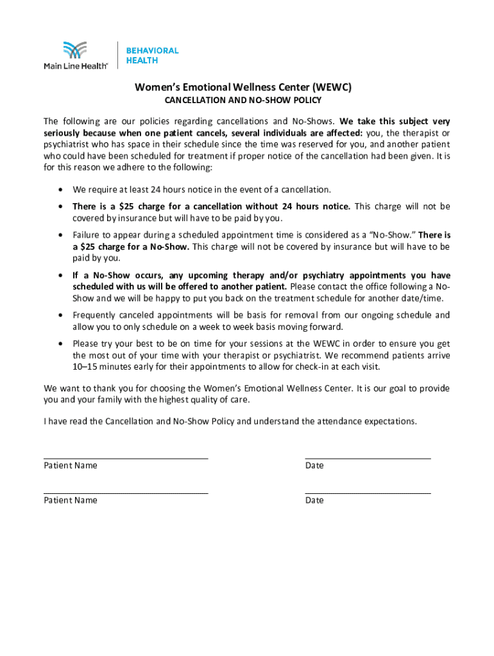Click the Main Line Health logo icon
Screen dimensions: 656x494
(74, 51)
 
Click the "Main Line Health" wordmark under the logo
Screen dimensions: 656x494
(75, 65)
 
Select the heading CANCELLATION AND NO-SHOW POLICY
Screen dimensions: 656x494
(243, 101)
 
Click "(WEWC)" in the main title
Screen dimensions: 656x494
(333, 87)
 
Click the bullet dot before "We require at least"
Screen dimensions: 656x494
(60, 190)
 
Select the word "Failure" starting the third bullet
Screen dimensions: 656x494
(87, 235)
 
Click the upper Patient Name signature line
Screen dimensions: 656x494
(126, 458)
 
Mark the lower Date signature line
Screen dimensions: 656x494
(368, 493)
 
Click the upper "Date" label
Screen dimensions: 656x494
(314, 466)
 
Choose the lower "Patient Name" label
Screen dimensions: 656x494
(71, 500)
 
